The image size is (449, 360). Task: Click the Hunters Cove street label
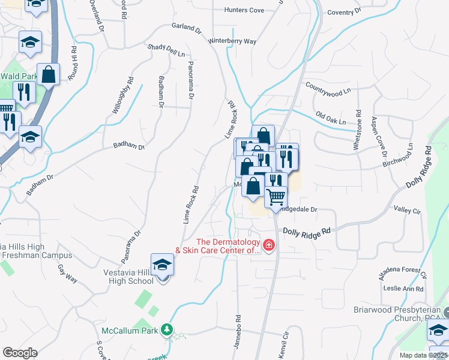coord(244,10)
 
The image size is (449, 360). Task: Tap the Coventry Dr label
coord(345,11)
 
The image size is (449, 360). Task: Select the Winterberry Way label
coord(232,41)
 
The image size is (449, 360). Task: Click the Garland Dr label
coord(186,28)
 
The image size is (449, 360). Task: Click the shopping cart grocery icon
coord(276,196)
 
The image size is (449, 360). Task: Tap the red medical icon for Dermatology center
coord(268,245)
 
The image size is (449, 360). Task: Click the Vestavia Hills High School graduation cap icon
coord(162,265)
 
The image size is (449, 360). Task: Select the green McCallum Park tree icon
coord(169,329)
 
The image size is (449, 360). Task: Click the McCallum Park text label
coord(130,330)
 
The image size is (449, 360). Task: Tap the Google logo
coord(20,353)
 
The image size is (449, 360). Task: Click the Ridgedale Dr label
coord(298,210)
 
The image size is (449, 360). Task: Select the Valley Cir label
coord(407,210)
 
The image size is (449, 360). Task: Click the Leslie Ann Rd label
coord(404,289)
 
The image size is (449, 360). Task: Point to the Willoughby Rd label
coord(121,96)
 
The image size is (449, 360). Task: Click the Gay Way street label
coord(67,275)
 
